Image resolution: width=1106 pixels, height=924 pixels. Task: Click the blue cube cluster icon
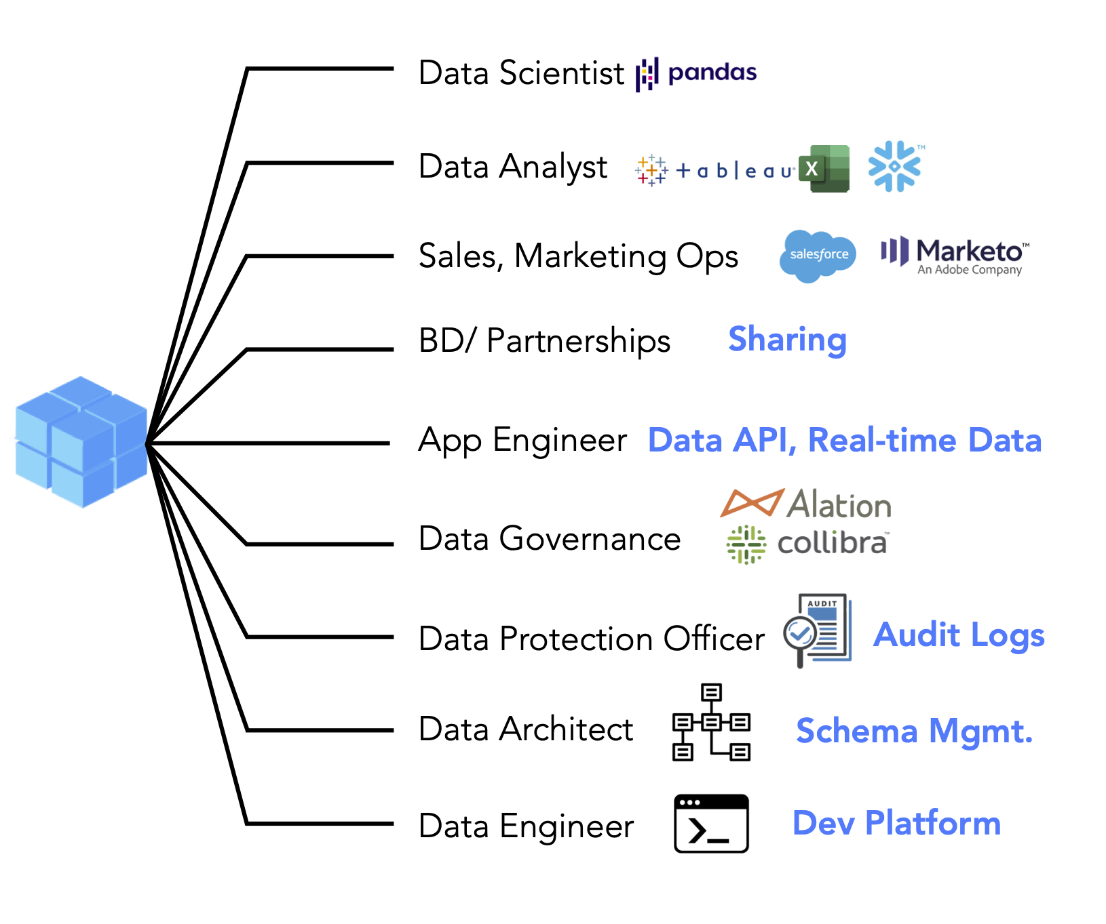(81, 442)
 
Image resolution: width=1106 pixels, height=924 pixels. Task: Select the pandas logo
(696, 74)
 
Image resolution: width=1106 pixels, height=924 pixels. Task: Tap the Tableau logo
(715, 169)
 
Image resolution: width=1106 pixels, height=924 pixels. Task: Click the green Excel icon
(824, 168)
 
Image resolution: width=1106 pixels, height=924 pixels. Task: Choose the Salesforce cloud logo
(818, 256)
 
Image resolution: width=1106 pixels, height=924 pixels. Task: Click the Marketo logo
(955, 256)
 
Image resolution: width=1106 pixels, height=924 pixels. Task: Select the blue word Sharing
(787, 340)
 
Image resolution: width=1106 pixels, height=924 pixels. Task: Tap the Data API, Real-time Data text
(845, 440)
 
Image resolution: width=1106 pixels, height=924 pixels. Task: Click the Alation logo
(806, 504)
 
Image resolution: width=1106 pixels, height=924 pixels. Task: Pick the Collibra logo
(807, 544)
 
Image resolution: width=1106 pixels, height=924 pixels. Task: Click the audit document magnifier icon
(817, 630)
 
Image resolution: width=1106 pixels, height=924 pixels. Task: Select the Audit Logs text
(959, 635)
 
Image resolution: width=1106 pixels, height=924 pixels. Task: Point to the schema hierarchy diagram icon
(711, 722)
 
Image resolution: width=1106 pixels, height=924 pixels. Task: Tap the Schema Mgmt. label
(914, 731)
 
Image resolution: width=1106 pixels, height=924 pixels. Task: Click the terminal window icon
(711, 824)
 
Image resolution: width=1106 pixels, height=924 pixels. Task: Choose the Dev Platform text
(896, 823)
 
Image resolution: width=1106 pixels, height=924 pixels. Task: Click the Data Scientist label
(521, 73)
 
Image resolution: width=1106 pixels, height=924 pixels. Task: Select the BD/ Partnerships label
(544, 340)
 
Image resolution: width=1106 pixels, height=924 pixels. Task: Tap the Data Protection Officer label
(592, 639)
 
